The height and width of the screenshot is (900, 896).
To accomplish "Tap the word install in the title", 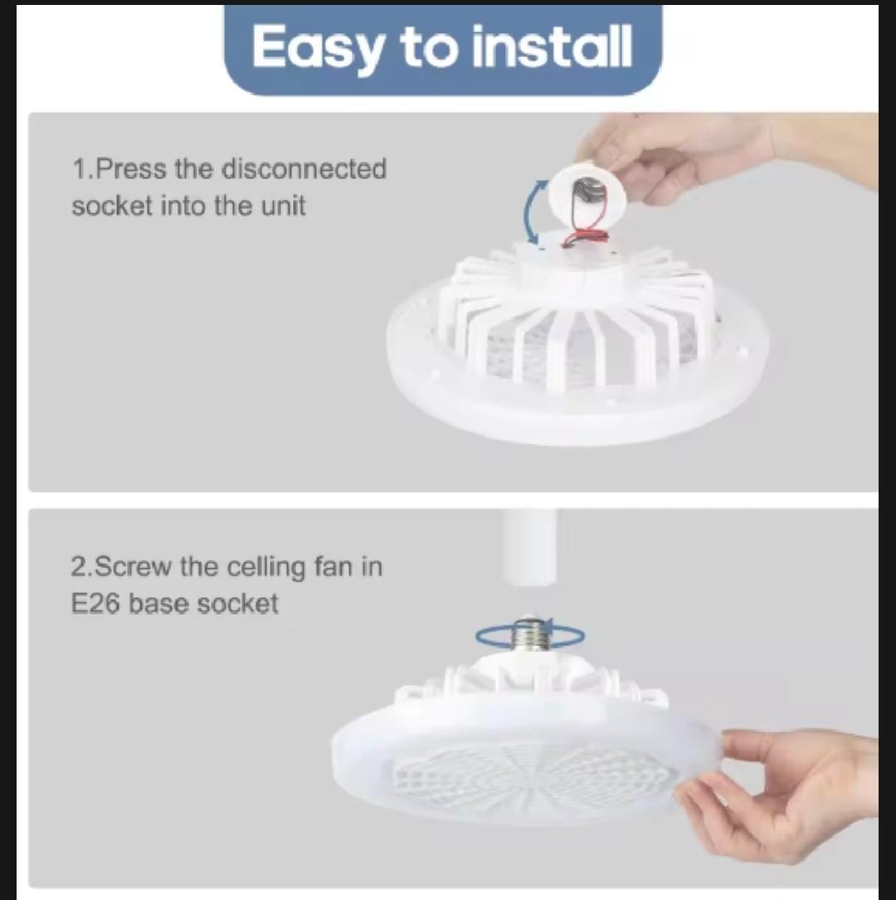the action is click(x=552, y=46).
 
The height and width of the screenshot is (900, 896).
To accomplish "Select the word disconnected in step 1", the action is click(x=304, y=168).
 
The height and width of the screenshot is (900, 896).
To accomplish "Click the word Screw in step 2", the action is click(x=131, y=567).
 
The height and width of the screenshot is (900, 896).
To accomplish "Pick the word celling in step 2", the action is click(x=265, y=567).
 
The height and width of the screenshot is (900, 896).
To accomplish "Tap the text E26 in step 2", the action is click(x=95, y=604).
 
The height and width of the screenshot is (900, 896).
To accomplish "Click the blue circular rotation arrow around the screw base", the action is click(x=530, y=635).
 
